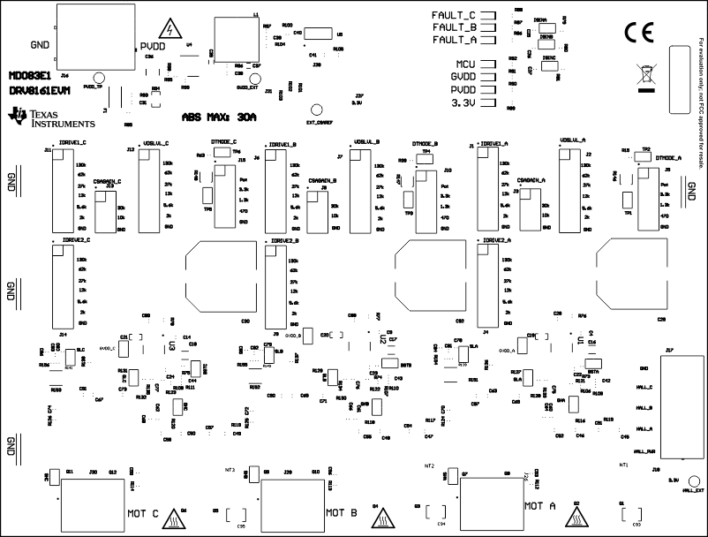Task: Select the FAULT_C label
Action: (454, 16)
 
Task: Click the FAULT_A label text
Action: (454, 40)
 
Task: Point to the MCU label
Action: (465, 65)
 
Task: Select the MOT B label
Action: (341, 511)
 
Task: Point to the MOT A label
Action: (539, 506)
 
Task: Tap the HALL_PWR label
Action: (647, 451)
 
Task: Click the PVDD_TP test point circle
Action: (100, 79)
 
